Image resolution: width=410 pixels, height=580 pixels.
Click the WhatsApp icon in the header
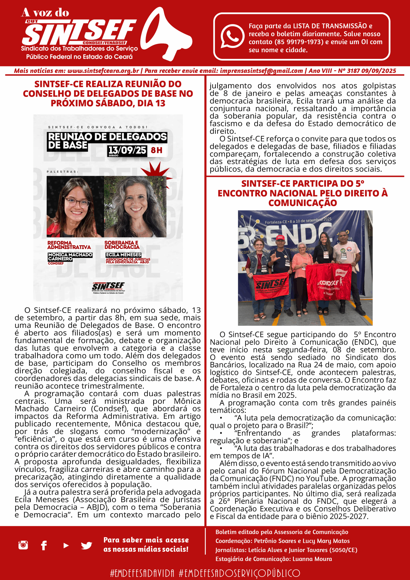(x=232, y=36)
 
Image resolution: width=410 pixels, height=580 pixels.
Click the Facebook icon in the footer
(x=44, y=545)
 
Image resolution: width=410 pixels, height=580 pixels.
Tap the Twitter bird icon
(x=86, y=545)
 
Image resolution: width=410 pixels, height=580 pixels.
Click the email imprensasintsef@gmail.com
(x=261, y=71)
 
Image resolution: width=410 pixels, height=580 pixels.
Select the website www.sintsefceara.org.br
(x=103, y=71)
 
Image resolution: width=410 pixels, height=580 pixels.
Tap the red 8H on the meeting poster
(x=156, y=150)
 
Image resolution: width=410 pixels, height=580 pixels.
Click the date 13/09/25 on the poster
(x=127, y=150)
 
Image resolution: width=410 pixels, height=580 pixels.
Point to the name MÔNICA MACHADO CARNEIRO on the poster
(x=70, y=257)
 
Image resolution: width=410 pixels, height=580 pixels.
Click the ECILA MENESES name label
(x=123, y=255)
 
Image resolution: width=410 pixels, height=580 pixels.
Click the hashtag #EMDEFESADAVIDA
(x=142, y=573)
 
